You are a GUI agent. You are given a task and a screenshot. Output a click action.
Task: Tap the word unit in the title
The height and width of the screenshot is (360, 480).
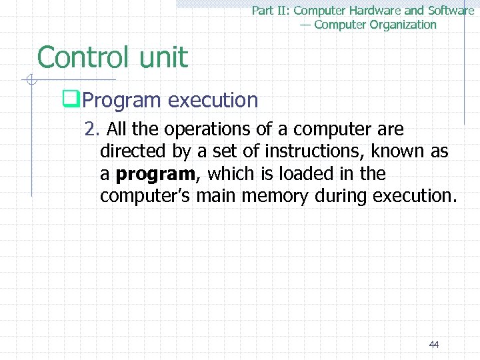(x=163, y=57)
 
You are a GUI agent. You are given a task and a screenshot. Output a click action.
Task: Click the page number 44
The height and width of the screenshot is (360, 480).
(x=434, y=345)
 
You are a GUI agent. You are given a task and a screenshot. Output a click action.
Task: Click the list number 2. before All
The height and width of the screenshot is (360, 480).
(x=91, y=129)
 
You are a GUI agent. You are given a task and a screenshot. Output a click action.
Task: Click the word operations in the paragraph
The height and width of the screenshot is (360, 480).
(x=205, y=129)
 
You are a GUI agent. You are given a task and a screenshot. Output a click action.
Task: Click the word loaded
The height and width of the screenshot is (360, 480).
(x=309, y=174)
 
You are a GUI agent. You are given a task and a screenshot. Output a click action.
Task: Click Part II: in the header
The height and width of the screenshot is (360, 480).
(x=271, y=11)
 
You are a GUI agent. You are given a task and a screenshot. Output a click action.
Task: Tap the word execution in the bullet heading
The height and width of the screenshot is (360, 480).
(x=213, y=101)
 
